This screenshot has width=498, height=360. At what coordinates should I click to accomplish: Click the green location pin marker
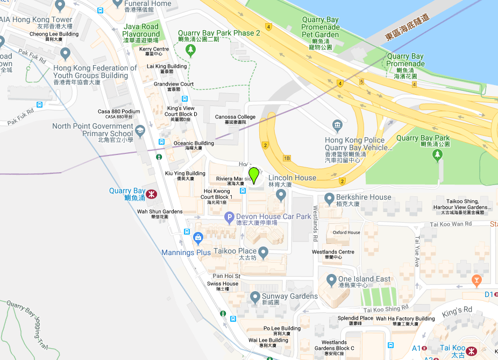(254, 175)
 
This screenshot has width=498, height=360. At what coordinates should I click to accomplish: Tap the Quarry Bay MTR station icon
(152, 193)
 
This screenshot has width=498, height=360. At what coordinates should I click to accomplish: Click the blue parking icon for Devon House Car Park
(229, 217)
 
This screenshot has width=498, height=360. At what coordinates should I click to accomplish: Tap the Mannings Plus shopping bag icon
(198, 237)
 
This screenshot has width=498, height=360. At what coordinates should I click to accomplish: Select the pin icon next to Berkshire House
(330, 197)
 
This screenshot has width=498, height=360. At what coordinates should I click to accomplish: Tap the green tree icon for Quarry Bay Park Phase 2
(190, 50)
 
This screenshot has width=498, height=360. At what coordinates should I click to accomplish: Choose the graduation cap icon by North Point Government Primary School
(140, 130)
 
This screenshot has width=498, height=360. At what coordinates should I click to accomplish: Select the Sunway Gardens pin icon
(255, 297)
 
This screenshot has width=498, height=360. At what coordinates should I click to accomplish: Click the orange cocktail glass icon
(475, 280)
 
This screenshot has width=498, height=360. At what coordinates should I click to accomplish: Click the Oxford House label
(346, 232)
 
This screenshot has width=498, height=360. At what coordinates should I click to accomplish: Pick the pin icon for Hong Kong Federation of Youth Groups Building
(66, 53)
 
